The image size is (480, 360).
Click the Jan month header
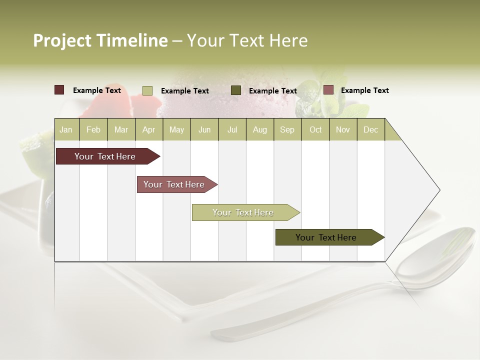(66, 129)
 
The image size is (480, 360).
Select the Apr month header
(149, 129)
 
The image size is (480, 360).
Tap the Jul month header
(232, 129)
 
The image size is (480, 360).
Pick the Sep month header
(287, 129)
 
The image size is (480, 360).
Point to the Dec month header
(370, 129)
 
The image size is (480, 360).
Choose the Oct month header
(315, 129)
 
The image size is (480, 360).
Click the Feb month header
(93, 129)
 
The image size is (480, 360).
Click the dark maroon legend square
(59, 90)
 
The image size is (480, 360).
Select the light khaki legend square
(147, 90)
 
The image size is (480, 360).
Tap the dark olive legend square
(236, 90)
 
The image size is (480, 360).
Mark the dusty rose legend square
(328, 90)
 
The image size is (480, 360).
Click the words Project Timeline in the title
(100, 40)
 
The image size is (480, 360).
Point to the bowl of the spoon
(437, 257)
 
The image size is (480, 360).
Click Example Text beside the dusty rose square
(364, 90)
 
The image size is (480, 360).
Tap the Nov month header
(343, 129)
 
